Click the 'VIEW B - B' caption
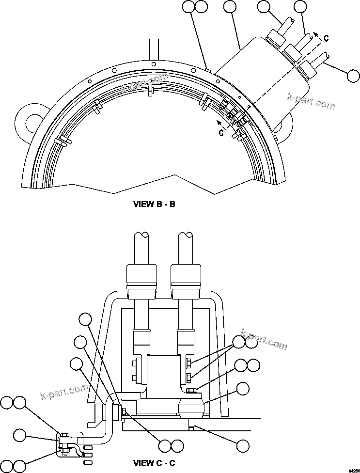[x=154, y=204]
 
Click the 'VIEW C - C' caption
[x=154, y=463]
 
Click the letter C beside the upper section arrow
[x=326, y=39]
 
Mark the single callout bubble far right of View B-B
[x=353, y=76]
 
